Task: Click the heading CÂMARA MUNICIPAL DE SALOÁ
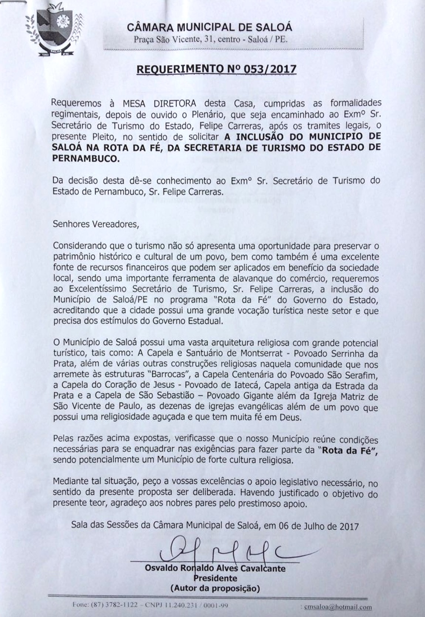tap(209, 27)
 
